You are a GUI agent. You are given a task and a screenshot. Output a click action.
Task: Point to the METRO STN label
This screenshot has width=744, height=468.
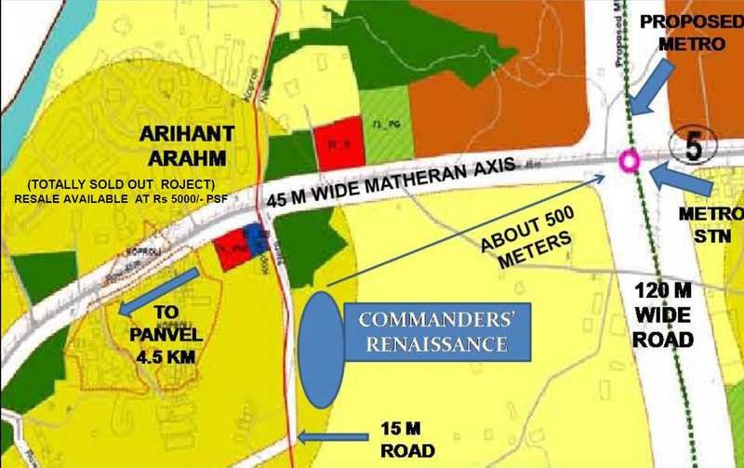click(x=702, y=224)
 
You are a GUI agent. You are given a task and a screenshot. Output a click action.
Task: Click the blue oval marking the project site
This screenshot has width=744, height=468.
click(x=321, y=350)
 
